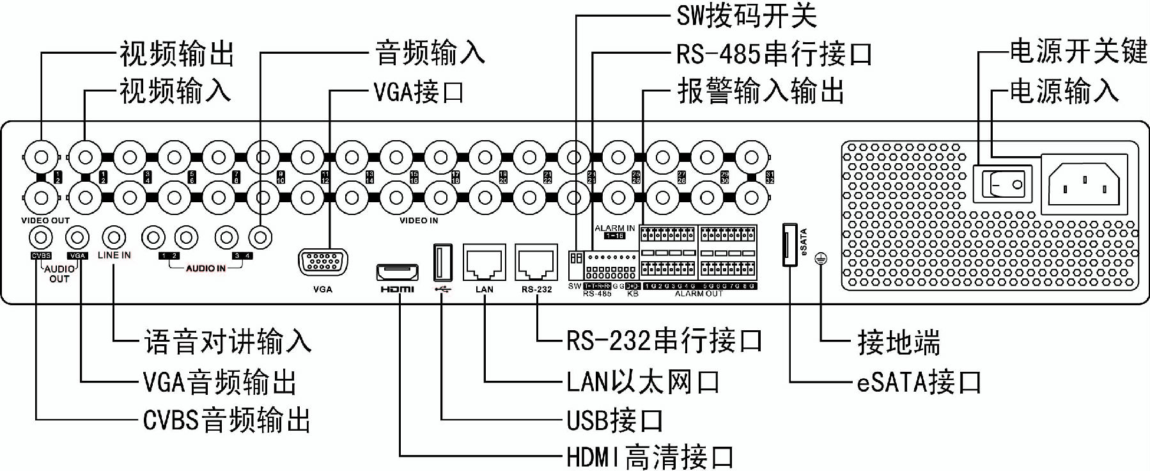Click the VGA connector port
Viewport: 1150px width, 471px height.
click(x=323, y=262)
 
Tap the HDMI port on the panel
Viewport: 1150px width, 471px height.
click(x=397, y=273)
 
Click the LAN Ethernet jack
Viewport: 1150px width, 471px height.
click(x=484, y=262)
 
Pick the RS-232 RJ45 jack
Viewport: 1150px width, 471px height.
click(x=536, y=262)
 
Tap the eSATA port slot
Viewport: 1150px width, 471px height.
click(x=790, y=244)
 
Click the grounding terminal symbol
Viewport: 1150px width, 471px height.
click(x=821, y=259)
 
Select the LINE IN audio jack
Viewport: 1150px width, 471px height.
click(x=114, y=238)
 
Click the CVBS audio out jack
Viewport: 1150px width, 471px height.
click(x=41, y=238)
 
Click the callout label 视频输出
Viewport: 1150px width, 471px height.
click(x=177, y=53)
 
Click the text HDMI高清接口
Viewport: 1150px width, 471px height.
click(x=649, y=457)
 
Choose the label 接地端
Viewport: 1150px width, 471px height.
click(x=898, y=342)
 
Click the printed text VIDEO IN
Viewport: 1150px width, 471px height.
click(x=419, y=220)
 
